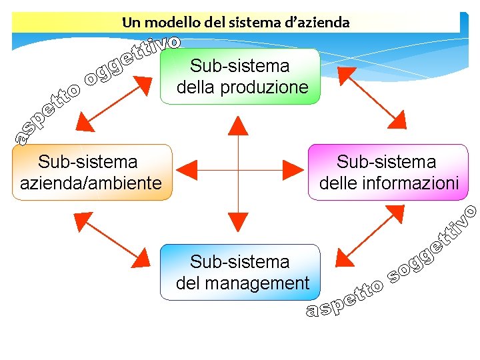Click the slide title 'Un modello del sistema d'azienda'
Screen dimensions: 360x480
[235, 22]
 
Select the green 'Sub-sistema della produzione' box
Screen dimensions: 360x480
[241, 76]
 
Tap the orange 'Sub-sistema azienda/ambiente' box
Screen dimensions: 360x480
[92, 172]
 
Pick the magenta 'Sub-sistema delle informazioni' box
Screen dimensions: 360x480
[388, 172]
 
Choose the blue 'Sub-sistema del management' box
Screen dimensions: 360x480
[241, 272]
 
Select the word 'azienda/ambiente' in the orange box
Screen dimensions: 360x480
[91, 183]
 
